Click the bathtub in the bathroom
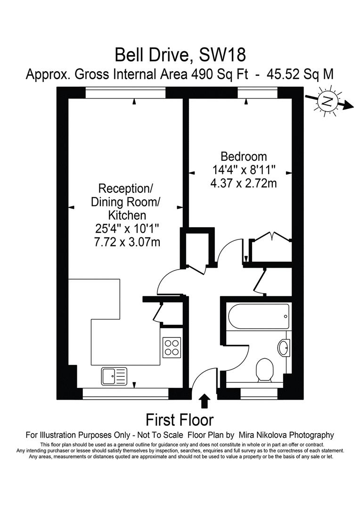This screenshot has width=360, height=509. [259, 317]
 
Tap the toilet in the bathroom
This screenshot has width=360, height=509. [264, 370]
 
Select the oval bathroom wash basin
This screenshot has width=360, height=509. [283, 348]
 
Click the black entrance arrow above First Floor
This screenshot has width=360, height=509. [204, 401]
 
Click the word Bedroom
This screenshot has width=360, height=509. [244, 156]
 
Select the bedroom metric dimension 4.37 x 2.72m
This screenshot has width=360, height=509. [244, 183]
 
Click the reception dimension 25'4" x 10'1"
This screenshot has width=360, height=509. [127, 229]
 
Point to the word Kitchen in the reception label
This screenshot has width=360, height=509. [127, 215]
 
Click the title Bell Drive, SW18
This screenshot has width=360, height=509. [180, 55]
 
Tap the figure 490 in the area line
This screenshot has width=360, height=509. [201, 74]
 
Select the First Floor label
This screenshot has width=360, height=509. [180, 420]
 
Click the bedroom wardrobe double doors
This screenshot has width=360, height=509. [272, 236]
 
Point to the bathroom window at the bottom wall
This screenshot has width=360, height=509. [259, 394]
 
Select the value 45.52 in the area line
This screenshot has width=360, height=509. [283, 74]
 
